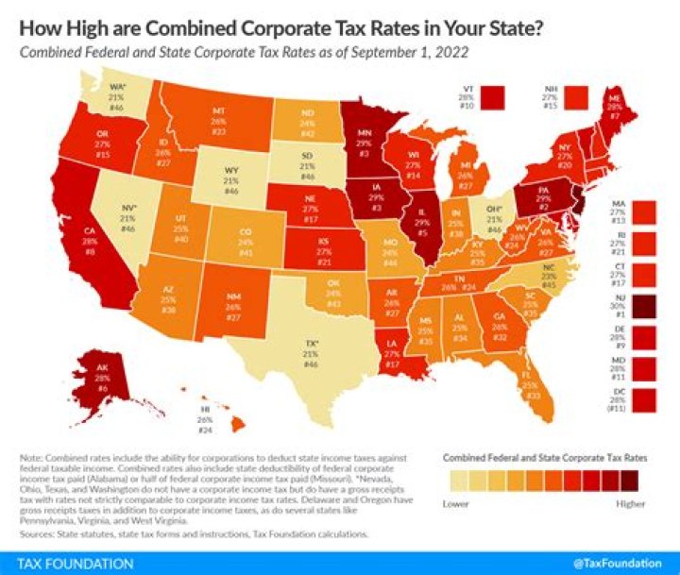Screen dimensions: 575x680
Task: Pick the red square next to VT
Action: pyautogui.click(x=493, y=95)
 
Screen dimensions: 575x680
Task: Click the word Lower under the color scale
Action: pyautogui.click(x=457, y=503)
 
